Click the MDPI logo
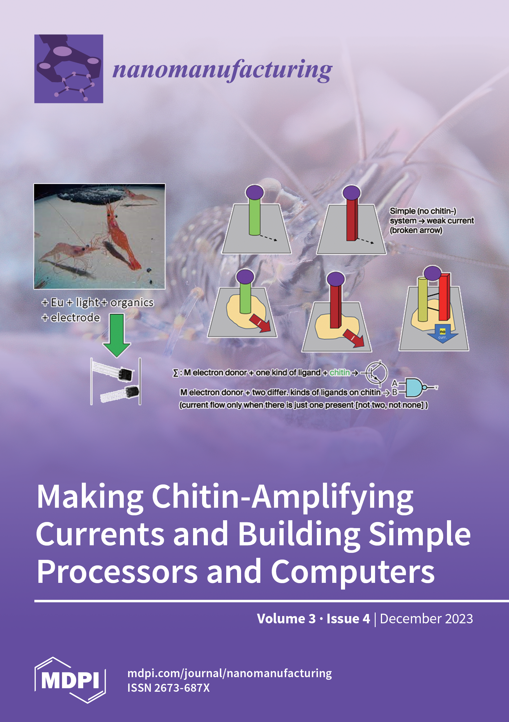70,680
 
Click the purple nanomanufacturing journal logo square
69,68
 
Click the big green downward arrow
117,335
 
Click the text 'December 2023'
426,619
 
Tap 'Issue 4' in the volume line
348,619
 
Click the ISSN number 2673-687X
182,688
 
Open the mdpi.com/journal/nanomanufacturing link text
229,673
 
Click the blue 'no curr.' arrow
442,334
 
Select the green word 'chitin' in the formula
340,373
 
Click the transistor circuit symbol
376,373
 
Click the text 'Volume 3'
286,619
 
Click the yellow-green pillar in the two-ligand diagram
423,299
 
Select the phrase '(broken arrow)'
416,230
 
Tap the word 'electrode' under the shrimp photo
75,318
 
